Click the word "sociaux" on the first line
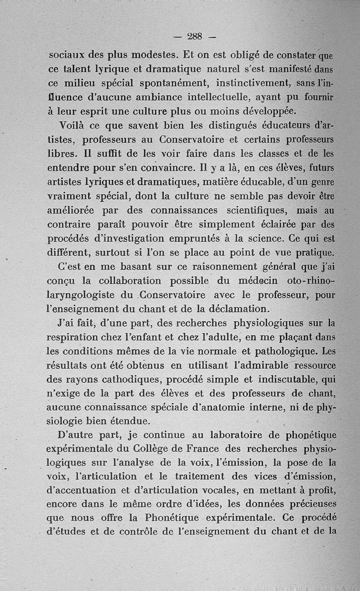[68, 56]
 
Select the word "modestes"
[153, 56]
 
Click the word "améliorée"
[70, 210]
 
